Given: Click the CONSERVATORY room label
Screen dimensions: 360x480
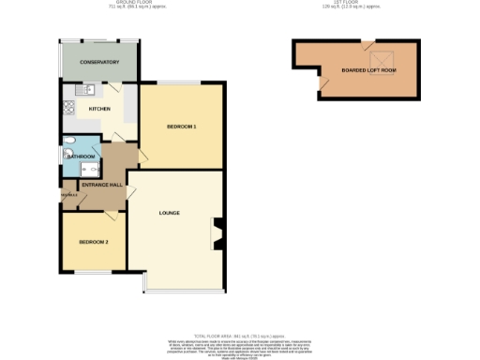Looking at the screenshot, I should point(98,62).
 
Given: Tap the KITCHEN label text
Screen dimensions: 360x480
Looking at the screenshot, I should point(99,109).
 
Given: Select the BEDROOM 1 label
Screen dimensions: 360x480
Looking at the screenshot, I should point(181,126).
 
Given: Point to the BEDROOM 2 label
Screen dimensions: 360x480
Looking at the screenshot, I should point(93,243).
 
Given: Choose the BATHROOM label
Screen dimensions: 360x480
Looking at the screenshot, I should point(81,157).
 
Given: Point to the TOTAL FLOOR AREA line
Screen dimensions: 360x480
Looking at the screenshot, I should point(239,335).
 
